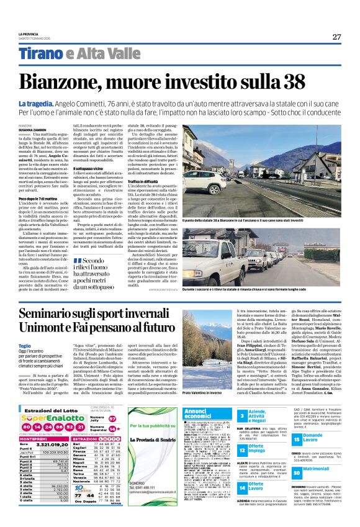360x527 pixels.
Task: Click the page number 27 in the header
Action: coord(336,37)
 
